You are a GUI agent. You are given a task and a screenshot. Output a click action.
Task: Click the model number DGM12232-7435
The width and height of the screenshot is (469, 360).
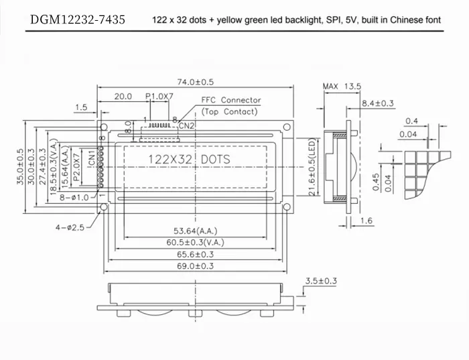coord(77,20)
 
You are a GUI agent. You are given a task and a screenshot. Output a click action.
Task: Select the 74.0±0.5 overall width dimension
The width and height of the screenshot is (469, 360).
coord(195,82)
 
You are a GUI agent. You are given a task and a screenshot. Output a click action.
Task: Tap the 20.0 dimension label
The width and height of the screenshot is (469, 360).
coord(123,97)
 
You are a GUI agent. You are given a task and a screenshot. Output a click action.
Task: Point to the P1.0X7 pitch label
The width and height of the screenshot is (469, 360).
coord(159,97)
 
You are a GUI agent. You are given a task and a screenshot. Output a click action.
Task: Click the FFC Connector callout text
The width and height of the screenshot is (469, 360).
coord(231,101)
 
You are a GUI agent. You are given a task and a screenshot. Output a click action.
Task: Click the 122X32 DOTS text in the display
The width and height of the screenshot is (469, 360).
coord(188,159)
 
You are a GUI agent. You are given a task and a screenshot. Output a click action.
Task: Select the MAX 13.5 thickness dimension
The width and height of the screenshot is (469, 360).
coord(342,86)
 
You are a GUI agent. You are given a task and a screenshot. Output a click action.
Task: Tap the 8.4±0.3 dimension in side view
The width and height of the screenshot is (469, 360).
coord(378,103)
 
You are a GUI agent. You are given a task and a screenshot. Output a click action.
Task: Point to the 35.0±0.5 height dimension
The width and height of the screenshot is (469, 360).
coord(21,167)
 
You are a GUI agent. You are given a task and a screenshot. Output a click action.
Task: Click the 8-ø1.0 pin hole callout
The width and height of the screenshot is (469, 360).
coord(74,197)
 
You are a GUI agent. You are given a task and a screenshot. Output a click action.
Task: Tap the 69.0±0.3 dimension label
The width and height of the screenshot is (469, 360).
coord(195,266)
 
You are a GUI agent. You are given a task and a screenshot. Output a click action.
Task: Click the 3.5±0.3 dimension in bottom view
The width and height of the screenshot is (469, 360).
coord(320,280)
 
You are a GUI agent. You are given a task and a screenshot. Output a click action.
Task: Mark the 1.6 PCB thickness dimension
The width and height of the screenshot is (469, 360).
coord(366,221)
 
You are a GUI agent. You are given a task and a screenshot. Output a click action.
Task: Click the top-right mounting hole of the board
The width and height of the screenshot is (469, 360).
coord(287,127)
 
